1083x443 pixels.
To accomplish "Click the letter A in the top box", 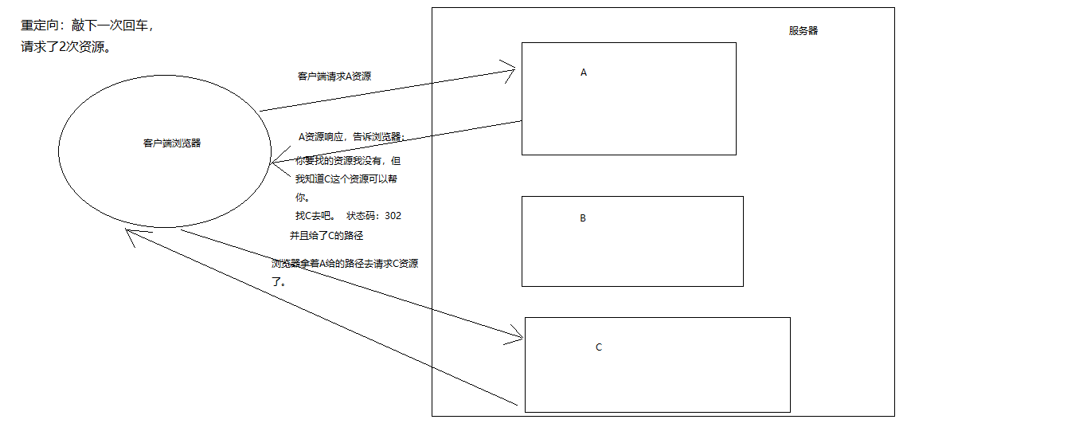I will [583, 73].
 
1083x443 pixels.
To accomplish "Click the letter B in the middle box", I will [583, 218].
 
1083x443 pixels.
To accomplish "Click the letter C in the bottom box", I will [599, 347].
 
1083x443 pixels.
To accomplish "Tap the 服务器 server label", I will [803, 31].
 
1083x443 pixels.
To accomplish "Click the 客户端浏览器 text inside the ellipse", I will [172, 143].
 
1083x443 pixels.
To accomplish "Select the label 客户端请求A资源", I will [334, 76].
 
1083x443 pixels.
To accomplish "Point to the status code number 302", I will [393, 216].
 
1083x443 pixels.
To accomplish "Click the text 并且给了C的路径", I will [326, 236].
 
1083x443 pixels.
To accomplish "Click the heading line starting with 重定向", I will [87, 25].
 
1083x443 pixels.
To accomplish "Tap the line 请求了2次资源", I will [65, 47].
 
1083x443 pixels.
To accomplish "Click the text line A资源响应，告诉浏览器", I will [351, 137].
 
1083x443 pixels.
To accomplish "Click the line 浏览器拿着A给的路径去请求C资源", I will [344, 264].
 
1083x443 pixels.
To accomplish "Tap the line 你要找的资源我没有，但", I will [348, 160].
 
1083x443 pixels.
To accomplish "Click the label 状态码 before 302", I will [362, 216].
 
